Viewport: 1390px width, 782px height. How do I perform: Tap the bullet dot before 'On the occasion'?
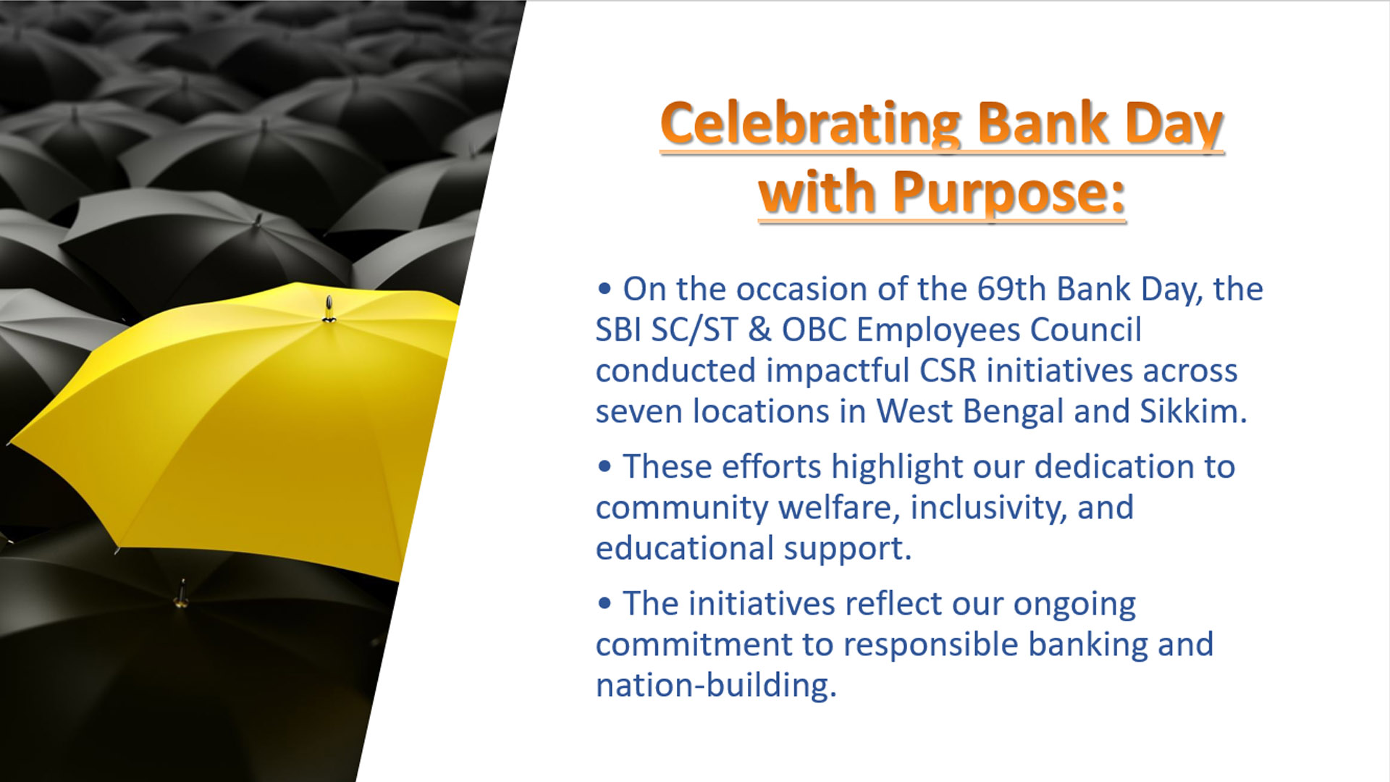[x=605, y=290]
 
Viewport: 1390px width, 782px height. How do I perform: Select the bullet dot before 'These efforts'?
[x=605, y=467]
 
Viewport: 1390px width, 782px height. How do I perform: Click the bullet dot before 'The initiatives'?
[x=605, y=604]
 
